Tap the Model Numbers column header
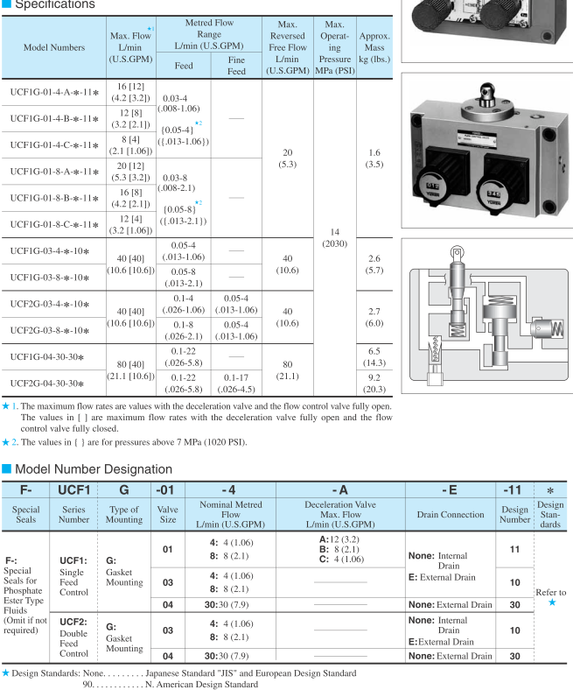(x=53, y=46)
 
